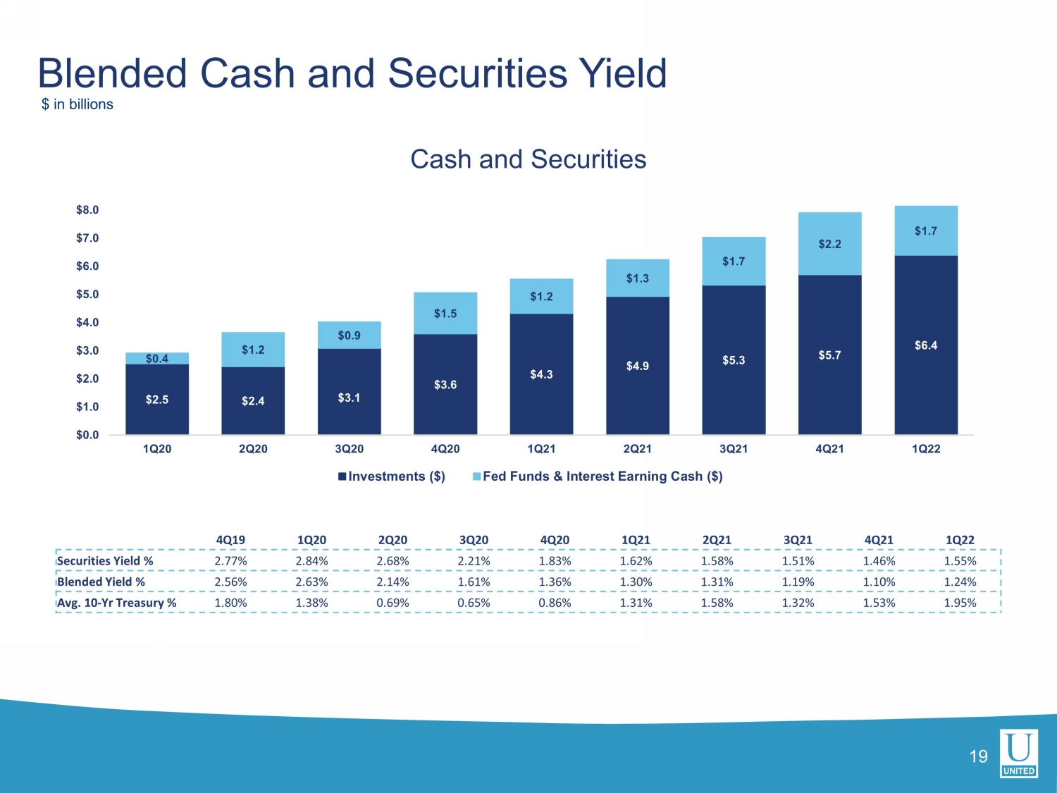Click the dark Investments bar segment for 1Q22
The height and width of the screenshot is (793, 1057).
[925, 345]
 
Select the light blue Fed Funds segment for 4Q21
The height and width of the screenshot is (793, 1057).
[829, 244]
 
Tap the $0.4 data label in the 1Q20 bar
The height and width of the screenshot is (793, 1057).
[157, 359]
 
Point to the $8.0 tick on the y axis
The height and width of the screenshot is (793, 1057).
[87, 210]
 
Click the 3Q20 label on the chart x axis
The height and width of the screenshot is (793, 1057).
[349, 449]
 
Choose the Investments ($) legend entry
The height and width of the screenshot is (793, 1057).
[392, 477]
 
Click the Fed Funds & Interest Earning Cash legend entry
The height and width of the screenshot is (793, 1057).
[598, 477]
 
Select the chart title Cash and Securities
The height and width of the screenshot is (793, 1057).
[528, 159]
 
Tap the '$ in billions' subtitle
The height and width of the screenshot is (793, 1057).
[77, 104]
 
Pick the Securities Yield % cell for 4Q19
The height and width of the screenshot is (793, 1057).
[230, 561]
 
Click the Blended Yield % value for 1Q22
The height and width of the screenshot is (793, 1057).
[960, 582]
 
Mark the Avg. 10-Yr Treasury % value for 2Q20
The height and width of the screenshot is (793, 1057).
[392, 603]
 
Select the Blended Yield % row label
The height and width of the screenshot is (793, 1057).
[101, 582]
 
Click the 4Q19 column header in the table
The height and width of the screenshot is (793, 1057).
[230, 540]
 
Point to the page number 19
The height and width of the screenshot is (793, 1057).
[978, 756]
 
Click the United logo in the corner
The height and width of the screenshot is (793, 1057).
[1019, 753]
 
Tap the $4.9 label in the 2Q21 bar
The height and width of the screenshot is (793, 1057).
[638, 366]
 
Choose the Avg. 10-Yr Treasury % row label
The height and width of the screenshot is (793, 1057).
[117, 603]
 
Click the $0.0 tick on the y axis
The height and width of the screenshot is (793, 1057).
[87, 435]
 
